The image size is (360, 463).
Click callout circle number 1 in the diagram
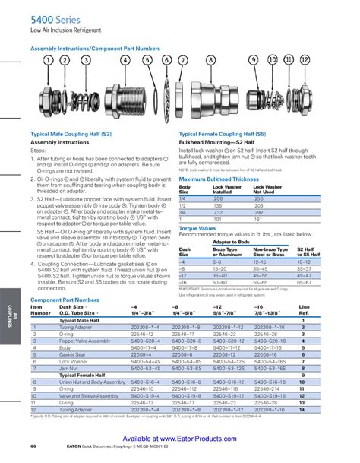point(48,59)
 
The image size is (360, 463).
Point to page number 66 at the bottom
point(34,445)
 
